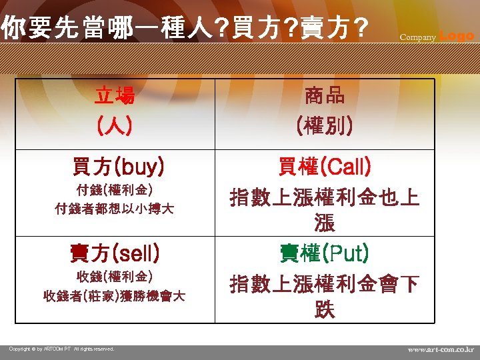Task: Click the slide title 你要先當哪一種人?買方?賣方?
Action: pyautogui.click(x=184, y=29)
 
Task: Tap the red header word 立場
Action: pyautogui.click(x=114, y=96)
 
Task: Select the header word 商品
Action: pyautogui.click(x=325, y=96)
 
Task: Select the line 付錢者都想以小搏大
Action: pyautogui.click(x=114, y=209)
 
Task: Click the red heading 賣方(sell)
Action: pyautogui.click(x=114, y=253)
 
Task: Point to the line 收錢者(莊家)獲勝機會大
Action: pyautogui.click(x=114, y=295)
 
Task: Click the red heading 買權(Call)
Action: pyautogui.click(x=325, y=167)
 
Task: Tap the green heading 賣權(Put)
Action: pyautogui.click(x=325, y=253)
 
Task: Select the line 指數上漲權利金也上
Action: pyautogui.click(x=325, y=197)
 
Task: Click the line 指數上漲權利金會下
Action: pyautogui.click(x=325, y=285)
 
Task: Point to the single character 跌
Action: pyautogui.click(x=325, y=311)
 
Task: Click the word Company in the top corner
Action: pyautogui.click(x=417, y=37)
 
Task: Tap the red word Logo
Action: pyautogui.click(x=457, y=35)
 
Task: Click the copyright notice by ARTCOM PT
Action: pyautogui.click(x=61, y=349)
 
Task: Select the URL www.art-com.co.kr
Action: pyautogui.click(x=441, y=349)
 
